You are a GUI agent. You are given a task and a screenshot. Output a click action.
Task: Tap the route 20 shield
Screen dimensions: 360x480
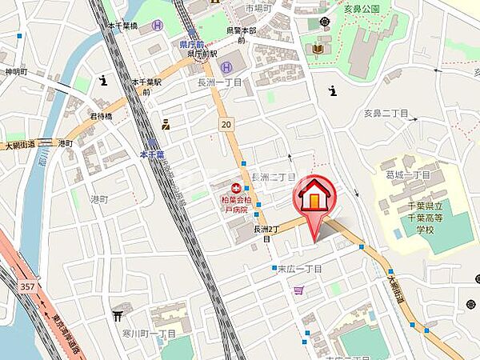coord(226,123)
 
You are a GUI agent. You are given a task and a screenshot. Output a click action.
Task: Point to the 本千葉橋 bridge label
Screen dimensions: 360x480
coord(122,26)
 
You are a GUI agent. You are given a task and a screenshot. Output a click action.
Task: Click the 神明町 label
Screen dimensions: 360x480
coord(15,71)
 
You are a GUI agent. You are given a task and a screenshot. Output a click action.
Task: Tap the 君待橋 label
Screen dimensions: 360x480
coord(100,115)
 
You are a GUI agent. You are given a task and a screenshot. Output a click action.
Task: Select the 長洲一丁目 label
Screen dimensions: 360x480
coord(218,82)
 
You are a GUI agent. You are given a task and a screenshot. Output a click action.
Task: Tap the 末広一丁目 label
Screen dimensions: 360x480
coord(298,269)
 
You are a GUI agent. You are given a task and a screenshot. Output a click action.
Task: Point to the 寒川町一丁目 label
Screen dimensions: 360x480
coord(150,333)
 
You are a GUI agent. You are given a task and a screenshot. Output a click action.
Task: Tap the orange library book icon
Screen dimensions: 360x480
coord(318,50)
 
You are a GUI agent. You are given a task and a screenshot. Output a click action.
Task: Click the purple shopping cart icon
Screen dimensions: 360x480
coord(298,290)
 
